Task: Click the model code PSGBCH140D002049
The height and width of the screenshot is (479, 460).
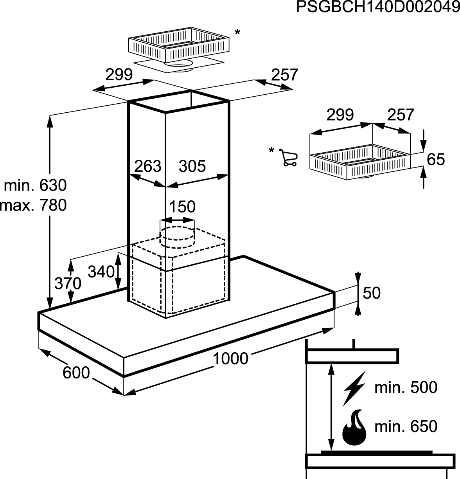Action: [x=378, y=7]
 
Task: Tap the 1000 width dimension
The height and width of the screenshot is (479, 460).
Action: [x=230, y=358]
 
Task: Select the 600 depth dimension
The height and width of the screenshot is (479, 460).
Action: [x=76, y=373]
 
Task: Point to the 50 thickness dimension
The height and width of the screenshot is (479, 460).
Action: [x=372, y=293]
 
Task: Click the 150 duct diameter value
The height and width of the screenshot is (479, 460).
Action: [x=182, y=207]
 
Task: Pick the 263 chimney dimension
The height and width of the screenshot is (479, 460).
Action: [x=147, y=166]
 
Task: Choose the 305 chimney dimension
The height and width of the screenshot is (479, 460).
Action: [x=192, y=166]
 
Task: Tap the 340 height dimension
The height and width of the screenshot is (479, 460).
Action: [x=101, y=272]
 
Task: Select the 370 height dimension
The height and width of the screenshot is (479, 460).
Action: [x=68, y=284]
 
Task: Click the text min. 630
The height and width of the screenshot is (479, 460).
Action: [x=35, y=185]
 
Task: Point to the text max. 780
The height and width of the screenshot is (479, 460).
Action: [x=34, y=205]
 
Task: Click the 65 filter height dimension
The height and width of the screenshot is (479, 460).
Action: [x=436, y=159]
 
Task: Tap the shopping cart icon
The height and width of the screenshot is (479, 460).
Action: [x=288, y=158]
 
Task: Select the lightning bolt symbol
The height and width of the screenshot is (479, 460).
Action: [x=354, y=389]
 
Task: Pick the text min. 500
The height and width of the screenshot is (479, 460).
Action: [x=406, y=387]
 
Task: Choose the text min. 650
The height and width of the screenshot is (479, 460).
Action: [x=406, y=427]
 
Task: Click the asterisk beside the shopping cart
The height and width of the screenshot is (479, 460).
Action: [x=271, y=149]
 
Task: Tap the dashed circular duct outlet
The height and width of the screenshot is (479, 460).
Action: [x=177, y=237]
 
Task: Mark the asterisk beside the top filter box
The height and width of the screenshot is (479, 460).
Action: [x=237, y=32]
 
